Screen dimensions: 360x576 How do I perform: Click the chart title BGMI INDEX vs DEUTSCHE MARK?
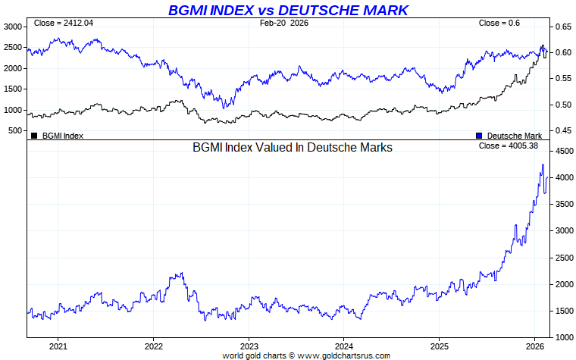pyautogui.click(x=287, y=10)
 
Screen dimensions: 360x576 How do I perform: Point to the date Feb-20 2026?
pyautogui.click(x=283, y=23)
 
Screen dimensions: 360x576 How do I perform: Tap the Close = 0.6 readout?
pyautogui.click(x=499, y=23)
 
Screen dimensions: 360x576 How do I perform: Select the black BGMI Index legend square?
pyautogui.click(x=34, y=136)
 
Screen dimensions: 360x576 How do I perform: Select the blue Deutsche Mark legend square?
pyautogui.click(x=479, y=136)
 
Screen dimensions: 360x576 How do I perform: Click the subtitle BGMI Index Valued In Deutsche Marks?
pyautogui.click(x=293, y=148)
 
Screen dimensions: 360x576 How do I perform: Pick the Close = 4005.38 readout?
pyautogui.click(x=509, y=146)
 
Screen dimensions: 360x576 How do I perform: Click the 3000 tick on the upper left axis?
pyautogui.click(x=14, y=27)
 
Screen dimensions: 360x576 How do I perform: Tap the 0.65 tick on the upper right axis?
pyautogui.click(x=562, y=27)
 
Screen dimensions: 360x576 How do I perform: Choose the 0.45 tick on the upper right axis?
pyautogui.click(x=562, y=131)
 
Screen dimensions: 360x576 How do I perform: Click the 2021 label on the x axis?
pyautogui.click(x=58, y=346)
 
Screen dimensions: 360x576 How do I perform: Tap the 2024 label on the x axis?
pyautogui.click(x=344, y=346)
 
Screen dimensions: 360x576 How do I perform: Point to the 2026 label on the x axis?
pyautogui.click(x=534, y=346)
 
